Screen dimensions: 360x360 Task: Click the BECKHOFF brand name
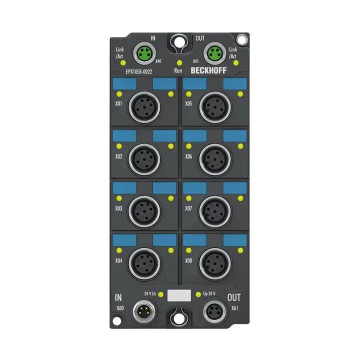tap(208, 70)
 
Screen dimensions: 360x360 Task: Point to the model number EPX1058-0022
tap(139, 71)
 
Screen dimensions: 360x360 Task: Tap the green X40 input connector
tap(144, 53)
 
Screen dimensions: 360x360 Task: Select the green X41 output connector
tap(215, 53)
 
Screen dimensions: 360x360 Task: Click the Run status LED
tap(179, 63)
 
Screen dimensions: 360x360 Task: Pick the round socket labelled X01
tap(144, 107)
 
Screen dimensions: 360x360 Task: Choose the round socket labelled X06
tap(215, 159)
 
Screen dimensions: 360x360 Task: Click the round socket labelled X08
tap(215, 263)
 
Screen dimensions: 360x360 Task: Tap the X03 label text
tap(118, 208)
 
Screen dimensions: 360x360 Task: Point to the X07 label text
tap(188, 208)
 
